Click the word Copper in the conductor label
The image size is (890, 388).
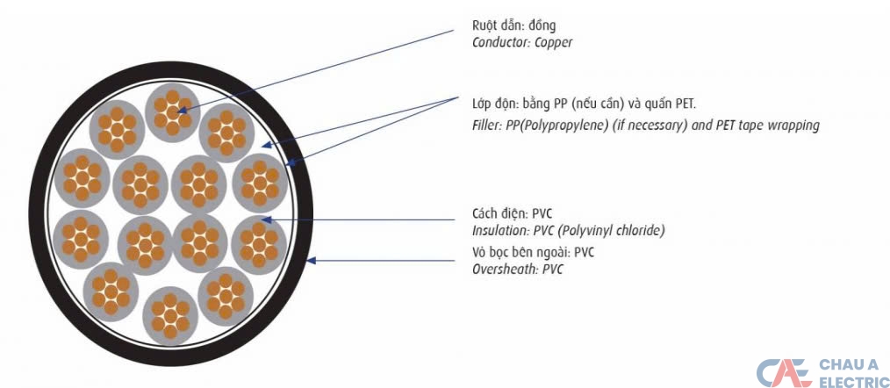click(553, 42)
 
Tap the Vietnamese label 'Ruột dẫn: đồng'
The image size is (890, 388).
click(513, 25)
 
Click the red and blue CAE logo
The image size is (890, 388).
click(784, 371)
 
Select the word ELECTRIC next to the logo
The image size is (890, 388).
click(853, 381)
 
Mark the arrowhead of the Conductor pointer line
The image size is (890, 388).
click(182, 111)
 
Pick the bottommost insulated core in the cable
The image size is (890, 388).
click(170, 313)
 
